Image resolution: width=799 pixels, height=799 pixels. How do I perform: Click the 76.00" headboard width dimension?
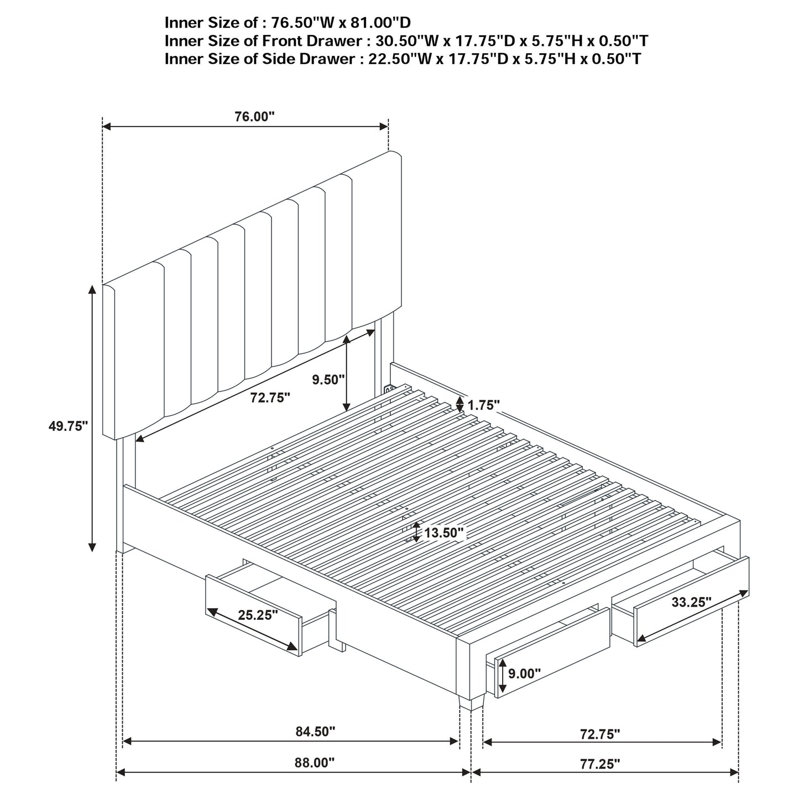point(254,117)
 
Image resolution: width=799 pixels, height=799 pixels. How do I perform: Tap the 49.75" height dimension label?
point(68,426)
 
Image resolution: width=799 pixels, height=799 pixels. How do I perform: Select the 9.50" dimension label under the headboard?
point(328,379)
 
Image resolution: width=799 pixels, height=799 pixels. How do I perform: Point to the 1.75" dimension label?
point(484,405)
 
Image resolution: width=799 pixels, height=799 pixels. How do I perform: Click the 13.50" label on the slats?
point(443,533)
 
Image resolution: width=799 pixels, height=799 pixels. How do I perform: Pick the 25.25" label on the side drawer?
point(258,615)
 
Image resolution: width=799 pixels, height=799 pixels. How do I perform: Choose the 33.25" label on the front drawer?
point(691,602)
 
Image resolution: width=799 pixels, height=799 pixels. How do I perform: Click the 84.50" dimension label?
point(315,732)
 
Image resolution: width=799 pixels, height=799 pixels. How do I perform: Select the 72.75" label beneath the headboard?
point(270,398)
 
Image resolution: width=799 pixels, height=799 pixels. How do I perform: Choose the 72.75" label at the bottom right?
point(600,734)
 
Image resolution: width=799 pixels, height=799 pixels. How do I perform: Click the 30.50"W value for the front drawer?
point(400,41)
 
